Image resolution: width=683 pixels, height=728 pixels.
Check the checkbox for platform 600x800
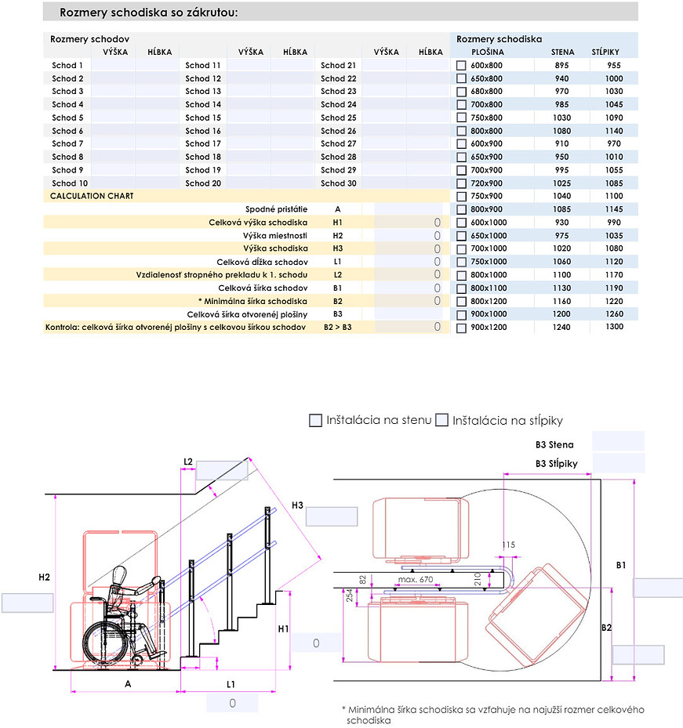pyautogui.click(x=462, y=66)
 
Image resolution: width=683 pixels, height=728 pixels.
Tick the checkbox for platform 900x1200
pyautogui.click(x=462, y=328)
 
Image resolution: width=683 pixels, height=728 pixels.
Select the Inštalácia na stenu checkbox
pyautogui.click(x=316, y=421)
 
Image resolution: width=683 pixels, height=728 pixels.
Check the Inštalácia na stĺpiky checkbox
pyautogui.click(x=442, y=421)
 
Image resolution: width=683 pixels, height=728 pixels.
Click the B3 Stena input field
pyautogui.click(x=618, y=441)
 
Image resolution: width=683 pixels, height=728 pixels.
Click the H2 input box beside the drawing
pyautogui.click(x=27, y=603)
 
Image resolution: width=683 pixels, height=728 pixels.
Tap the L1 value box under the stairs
pyautogui.click(x=232, y=704)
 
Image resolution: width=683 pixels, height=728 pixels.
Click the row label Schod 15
pyautogui.click(x=203, y=118)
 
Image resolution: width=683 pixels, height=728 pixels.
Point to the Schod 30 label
pyautogui.click(x=338, y=183)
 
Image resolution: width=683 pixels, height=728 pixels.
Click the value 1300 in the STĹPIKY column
pyautogui.click(x=615, y=327)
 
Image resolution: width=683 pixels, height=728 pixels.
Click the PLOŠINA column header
pyautogui.click(x=487, y=53)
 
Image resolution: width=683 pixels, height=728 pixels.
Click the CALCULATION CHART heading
pyautogui.click(x=92, y=196)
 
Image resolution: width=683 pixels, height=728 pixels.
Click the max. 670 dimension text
pyautogui.click(x=416, y=579)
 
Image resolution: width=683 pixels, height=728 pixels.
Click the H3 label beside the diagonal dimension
pyautogui.click(x=297, y=505)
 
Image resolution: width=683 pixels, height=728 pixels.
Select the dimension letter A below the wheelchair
pyautogui.click(x=128, y=683)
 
